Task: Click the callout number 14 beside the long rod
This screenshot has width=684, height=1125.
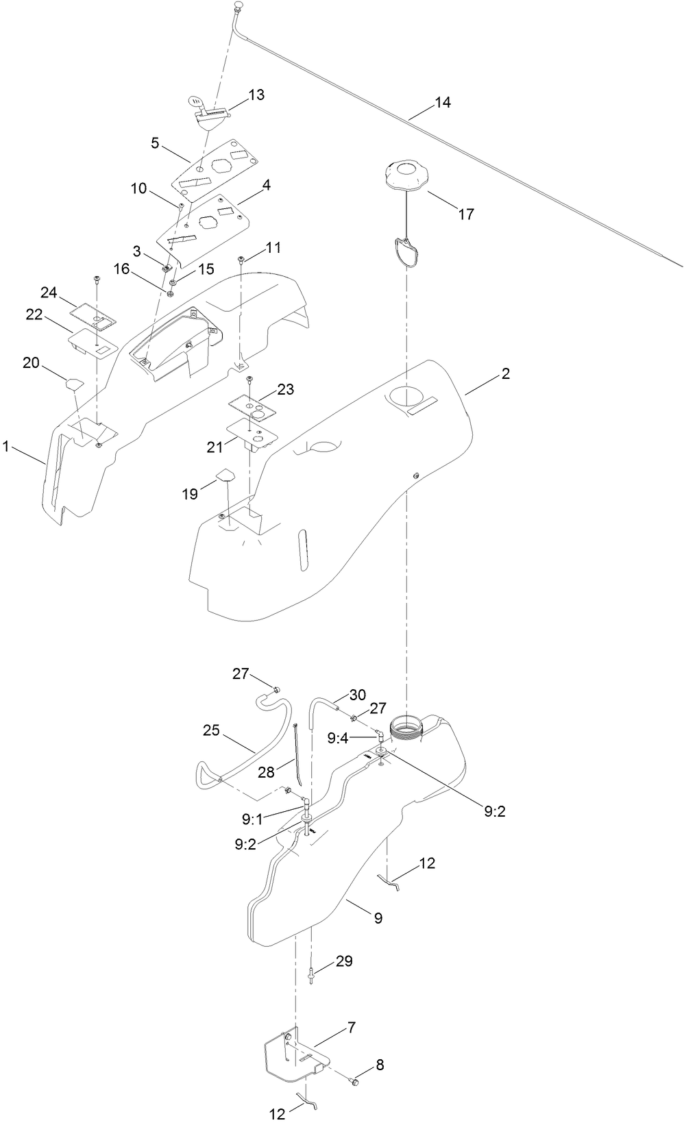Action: [x=443, y=103]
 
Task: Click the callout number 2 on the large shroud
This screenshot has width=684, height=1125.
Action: [x=505, y=374]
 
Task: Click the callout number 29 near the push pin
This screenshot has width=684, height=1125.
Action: [x=344, y=962]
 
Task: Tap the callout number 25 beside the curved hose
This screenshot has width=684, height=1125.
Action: [x=211, y=730]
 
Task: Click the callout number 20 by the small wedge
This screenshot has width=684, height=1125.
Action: [x=32, y=363]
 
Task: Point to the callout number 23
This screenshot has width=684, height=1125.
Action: [x=286, y=389]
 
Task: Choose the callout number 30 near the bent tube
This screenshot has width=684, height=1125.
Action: [x=358, y=694]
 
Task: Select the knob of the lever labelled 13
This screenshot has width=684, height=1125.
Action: [x=195, y=103]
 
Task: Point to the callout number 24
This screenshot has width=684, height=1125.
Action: [x=48, y=293]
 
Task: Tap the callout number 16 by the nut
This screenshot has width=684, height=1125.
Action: [x=121, y=269]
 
